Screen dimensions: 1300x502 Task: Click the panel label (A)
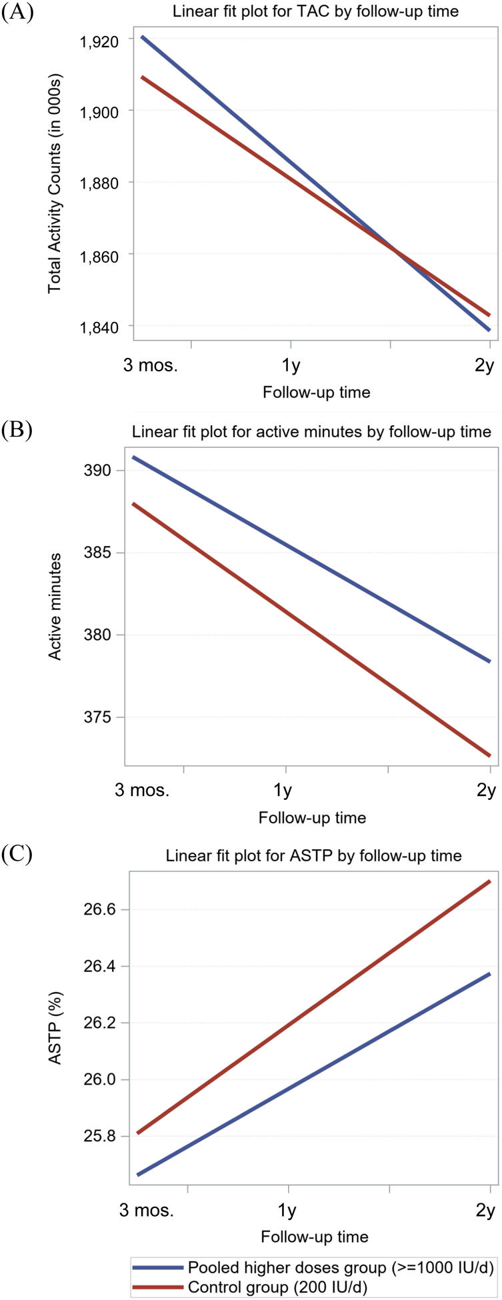point(17,13)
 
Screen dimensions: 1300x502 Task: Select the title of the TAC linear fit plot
point(316,11)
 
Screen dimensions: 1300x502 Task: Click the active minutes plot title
point(311,431)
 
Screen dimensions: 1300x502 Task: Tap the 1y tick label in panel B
point(283,791)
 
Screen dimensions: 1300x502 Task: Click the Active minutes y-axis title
point(55,607)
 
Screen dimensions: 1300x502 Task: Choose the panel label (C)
point(17,855)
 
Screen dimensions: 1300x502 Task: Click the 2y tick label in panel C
point(485,1210)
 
